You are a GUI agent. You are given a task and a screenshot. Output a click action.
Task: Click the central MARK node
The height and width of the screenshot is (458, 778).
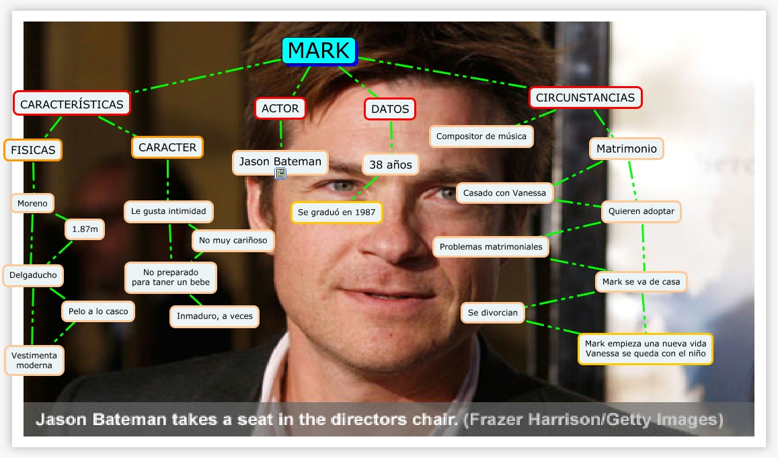[319, 50]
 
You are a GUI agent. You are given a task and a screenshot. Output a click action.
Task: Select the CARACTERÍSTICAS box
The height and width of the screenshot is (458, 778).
[71, 104]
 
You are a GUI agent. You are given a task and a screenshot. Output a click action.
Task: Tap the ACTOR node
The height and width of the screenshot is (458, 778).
[280, 108]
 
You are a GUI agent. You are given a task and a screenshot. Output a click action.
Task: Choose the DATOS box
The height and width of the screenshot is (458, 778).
[390, 109]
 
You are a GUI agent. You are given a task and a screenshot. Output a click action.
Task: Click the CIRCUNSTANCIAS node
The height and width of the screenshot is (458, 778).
[585, 98]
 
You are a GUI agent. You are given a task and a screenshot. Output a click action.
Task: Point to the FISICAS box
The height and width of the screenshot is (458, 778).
[33, 150]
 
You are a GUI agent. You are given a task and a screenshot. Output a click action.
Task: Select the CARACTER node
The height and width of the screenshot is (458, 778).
[167, 147]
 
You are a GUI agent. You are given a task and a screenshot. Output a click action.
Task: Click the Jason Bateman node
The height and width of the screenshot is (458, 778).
[280, 161]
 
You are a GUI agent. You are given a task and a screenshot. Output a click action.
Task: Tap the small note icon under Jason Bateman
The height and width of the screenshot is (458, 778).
[280, 174]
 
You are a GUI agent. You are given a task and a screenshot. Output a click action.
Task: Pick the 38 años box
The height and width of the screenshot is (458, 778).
[390, 163]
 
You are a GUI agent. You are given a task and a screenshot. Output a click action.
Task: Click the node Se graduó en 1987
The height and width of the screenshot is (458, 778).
[336, 213]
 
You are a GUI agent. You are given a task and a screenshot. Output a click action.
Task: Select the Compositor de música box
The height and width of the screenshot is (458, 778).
[481, 136]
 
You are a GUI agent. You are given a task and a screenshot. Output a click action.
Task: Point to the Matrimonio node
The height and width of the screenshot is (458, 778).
[627, 149]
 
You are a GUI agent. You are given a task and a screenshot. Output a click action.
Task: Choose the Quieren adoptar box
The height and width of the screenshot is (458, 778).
[641, 211]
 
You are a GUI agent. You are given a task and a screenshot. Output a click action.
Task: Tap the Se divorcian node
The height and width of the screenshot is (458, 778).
[493, 313]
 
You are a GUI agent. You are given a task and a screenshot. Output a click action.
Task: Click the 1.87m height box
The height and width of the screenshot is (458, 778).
[85, 229]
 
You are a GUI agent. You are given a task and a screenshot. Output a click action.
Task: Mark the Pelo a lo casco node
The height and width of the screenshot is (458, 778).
[98, 311]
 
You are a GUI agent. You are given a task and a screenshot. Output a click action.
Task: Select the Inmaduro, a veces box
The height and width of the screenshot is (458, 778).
[215, 316]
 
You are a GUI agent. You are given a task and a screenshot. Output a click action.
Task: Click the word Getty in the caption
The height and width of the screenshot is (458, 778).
[631, 420]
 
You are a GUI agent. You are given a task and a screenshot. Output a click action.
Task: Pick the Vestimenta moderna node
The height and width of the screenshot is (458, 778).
[34, 360]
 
